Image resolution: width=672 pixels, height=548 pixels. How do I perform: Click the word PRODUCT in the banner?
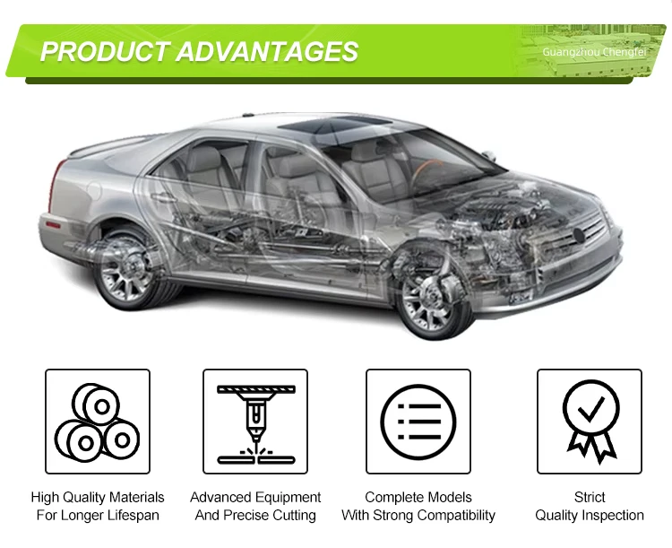coord(104,51)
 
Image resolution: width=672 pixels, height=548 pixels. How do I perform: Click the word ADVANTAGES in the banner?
coord(267,51)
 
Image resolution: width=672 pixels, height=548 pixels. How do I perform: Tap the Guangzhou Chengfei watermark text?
coord(594,52)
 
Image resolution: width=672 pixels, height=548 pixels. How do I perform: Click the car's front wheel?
coord(434,295)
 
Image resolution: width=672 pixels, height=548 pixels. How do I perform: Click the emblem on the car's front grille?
coord(580,236)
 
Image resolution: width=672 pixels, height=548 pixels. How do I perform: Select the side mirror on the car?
coord(489,156)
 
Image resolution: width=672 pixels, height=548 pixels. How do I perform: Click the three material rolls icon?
coord(98,422)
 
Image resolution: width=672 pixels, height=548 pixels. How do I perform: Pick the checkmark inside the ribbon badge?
coord(591,409)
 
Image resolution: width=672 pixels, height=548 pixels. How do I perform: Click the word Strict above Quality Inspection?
coord(590,497)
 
